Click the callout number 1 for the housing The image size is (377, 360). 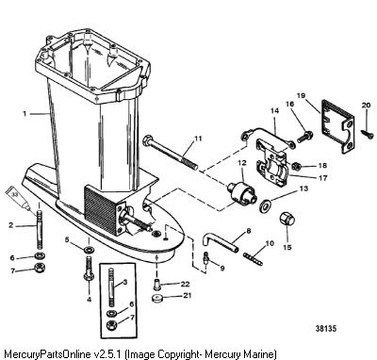tap(25, 113)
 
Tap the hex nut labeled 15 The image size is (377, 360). tap(287, 219)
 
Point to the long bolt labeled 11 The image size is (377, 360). tap(171, 153)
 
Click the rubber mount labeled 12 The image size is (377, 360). tap(242, 192)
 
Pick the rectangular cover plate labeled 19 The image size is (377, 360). tap(337, 126)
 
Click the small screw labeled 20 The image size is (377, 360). tap(367, 131)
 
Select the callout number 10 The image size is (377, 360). tap(270, 243)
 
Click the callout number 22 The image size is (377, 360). tap(185, 284)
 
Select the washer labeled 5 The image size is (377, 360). tap(89, 251)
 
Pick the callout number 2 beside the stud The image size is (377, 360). tap(11, 225)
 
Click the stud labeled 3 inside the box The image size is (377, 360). tap(112, 287)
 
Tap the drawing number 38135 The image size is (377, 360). tap(326, 329)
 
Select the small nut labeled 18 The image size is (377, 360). tap(296, 165)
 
